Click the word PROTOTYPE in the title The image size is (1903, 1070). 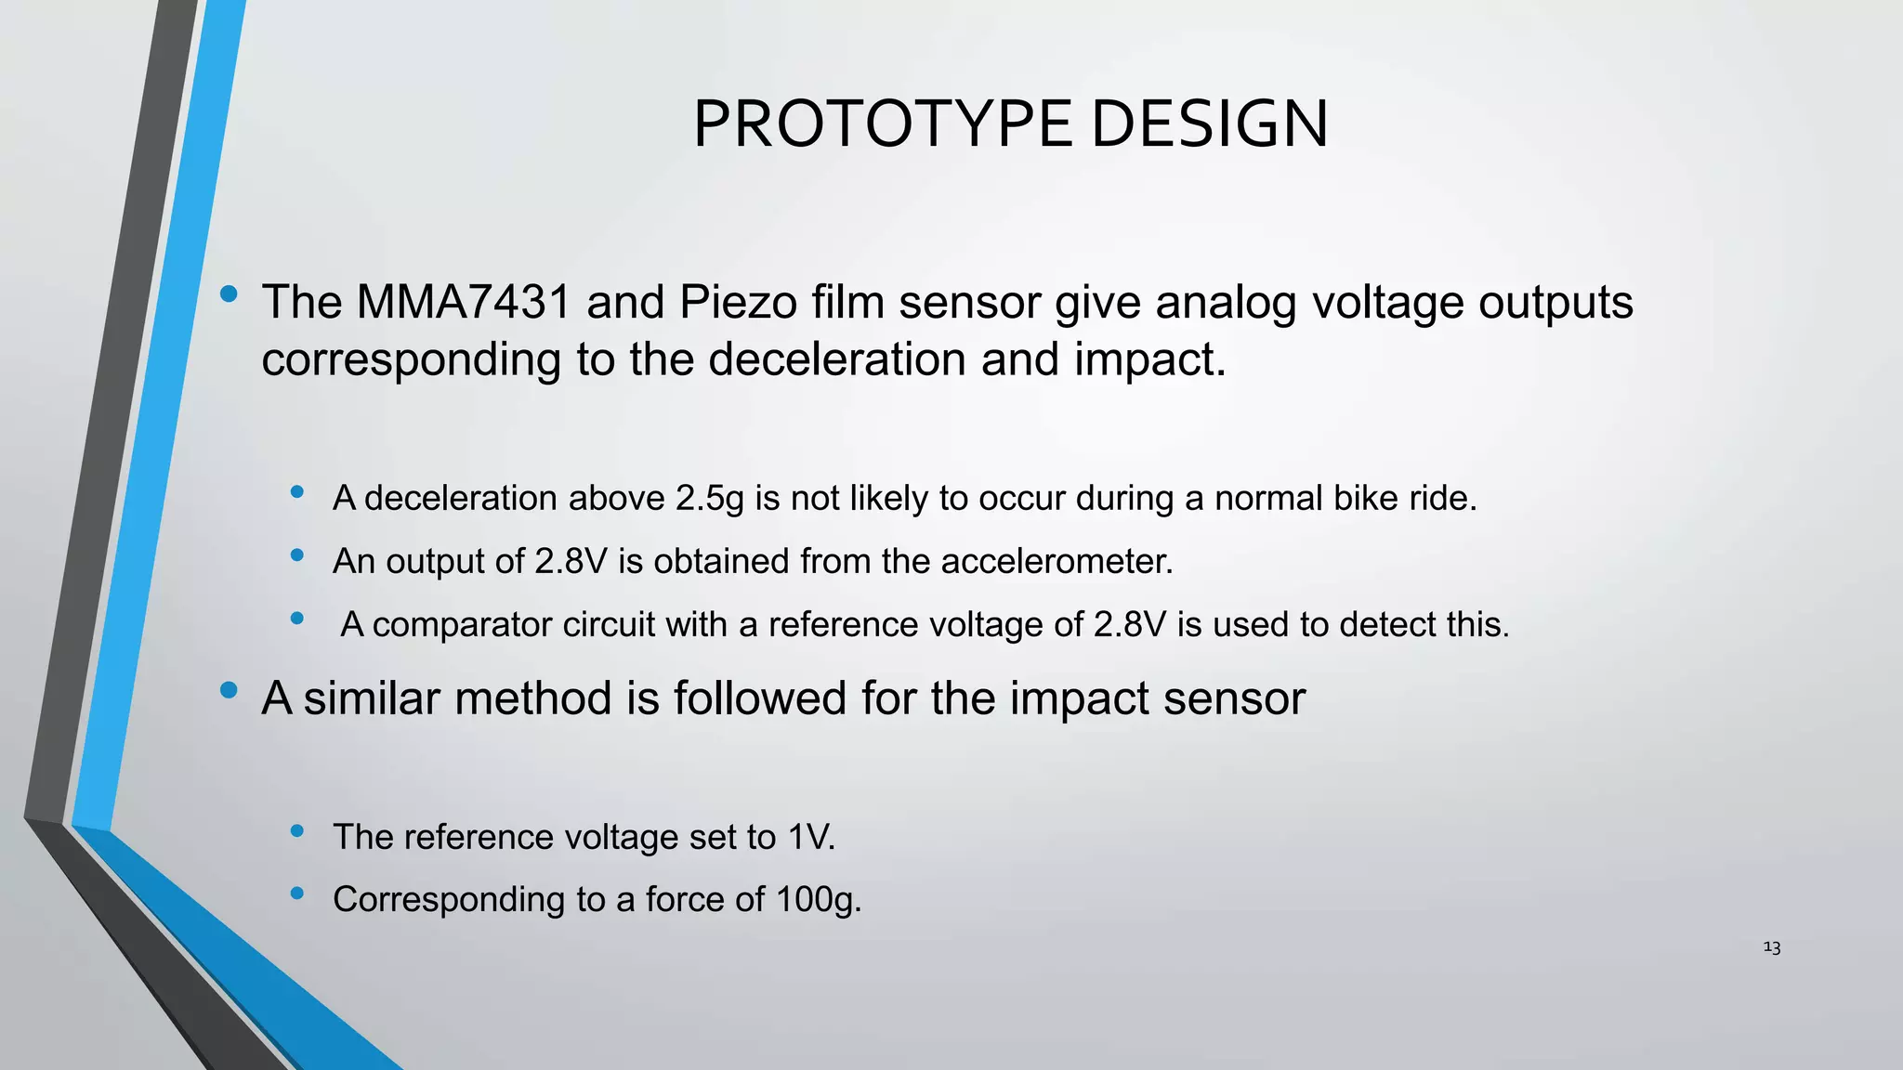[x=882, y=124]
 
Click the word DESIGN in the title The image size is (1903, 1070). [x=1209, y=124]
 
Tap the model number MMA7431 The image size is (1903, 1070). [x=463, y=303]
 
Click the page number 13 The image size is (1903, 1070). [x=1771, y=947]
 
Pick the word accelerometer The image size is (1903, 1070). [x=1056, y=562]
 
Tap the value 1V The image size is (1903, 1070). [x=810, y=838]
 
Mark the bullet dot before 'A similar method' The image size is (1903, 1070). [x=229, y=690]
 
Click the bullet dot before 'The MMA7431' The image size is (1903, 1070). [x=229, y=295]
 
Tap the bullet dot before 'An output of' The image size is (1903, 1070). [x=297, y=555]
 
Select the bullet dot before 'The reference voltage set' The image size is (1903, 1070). [x=297, y=831]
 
